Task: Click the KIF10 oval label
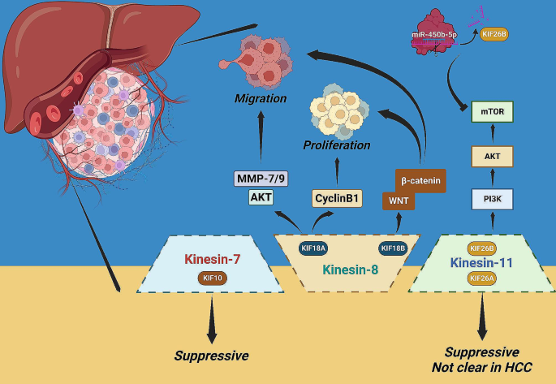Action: [x=213, y=278]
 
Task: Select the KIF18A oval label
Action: [x=313, y=248]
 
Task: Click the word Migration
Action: [x=261, y=98]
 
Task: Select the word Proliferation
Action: [x=336, y=145]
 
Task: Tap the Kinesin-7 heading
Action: [x=213, y=260]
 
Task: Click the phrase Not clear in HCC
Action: [x=483, y=367]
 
